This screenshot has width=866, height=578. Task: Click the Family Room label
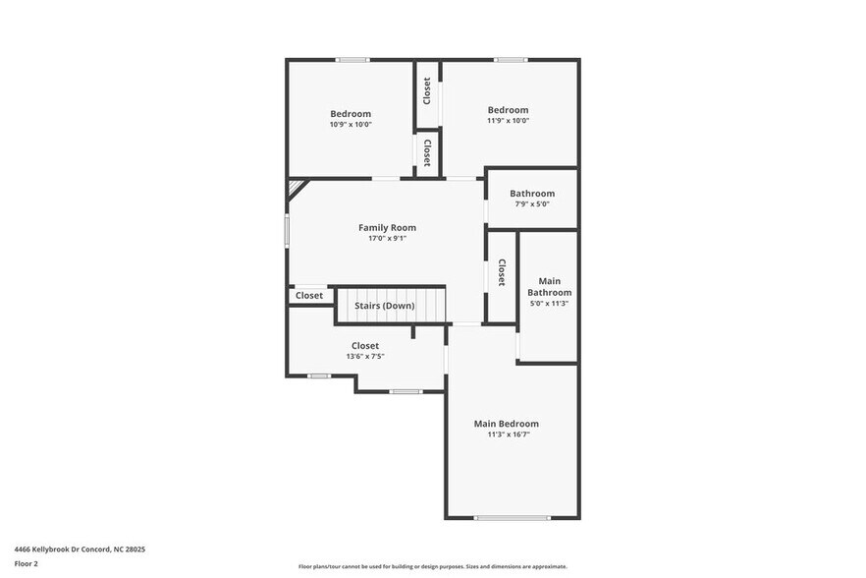(387, 228)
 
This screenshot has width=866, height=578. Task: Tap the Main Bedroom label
(506, 424)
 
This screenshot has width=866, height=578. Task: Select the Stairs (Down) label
(384, 306)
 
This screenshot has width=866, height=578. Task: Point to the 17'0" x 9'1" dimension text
(387, 238)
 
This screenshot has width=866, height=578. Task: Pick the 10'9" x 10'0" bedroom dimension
(351, 124)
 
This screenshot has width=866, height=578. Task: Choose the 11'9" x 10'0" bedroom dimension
(508, 120)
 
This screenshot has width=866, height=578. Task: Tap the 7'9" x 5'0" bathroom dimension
(531, 204)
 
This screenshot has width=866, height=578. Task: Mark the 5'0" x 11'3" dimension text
(549, 304)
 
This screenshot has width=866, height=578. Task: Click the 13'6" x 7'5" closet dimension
(364, 356)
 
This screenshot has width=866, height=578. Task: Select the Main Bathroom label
(549, 286)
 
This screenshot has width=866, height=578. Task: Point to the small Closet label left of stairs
(309, 295)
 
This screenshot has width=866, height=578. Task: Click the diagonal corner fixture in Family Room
(296, 188)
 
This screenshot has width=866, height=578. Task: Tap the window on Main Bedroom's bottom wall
(512, 517)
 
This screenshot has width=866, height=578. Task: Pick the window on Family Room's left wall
(287, 230)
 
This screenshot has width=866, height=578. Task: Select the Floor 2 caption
(26, 564)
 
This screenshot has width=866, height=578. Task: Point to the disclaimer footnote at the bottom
(432, 566)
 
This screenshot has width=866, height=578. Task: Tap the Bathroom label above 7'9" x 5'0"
(531, 194)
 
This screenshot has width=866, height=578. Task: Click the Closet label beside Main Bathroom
(501, 272)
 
